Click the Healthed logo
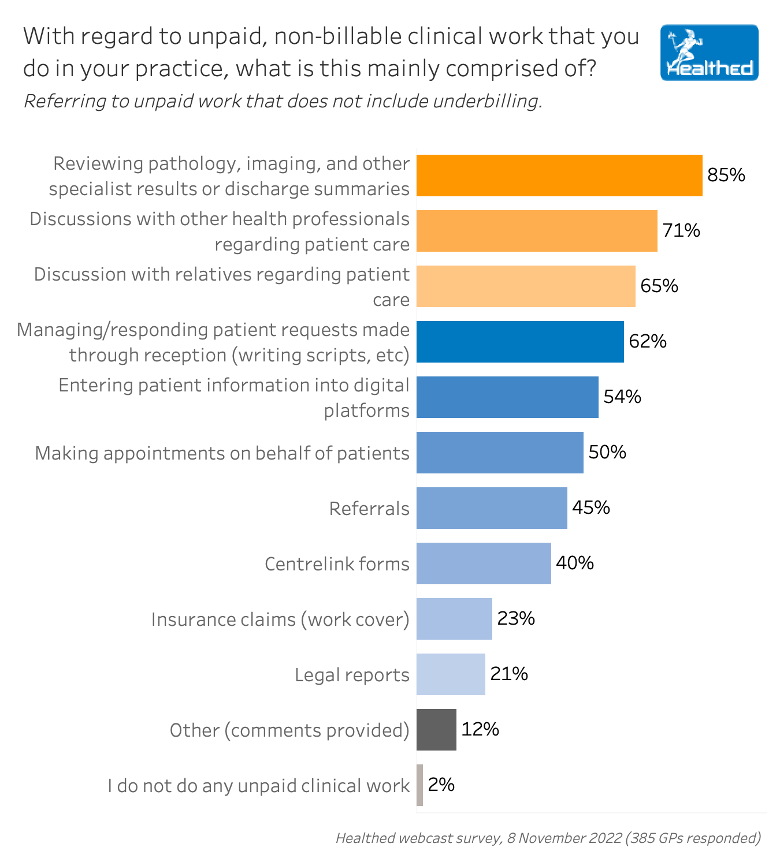coord(709,53)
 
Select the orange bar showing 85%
coord(559,176)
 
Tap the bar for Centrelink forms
coord(484,563)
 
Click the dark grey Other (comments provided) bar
coord(436,730)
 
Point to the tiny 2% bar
coord(420,785)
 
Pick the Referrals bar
coord(492,508)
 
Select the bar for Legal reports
coord(451,674)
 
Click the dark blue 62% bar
coord(520,342)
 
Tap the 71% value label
coord(681,231)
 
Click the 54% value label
coord(622,397)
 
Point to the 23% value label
coord(516,619)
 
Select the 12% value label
coord(480,730)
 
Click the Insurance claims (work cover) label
coord(280,619)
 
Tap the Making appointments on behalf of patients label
coord(222,453)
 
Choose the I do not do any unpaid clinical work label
coord(258,786)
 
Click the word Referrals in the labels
coord(369,509)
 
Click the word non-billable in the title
coord(337,36)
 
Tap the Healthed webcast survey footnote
coord(548,838)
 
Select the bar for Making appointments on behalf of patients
coord(500,453)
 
